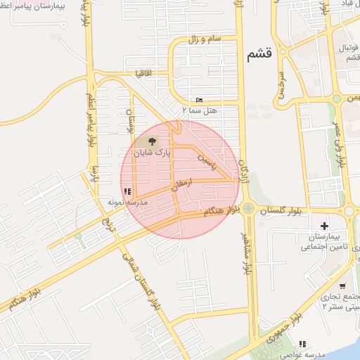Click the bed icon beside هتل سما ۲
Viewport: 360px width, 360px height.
tap(199, 100)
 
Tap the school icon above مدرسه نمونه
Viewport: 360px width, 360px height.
tap(127, 191)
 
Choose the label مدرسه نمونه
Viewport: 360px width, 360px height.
tap(127, 202)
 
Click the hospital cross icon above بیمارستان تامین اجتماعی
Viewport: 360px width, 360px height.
tap(323, 226)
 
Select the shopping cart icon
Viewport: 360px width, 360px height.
tap(342, 286)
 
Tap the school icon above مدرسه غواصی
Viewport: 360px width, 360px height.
tap(302, 344)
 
